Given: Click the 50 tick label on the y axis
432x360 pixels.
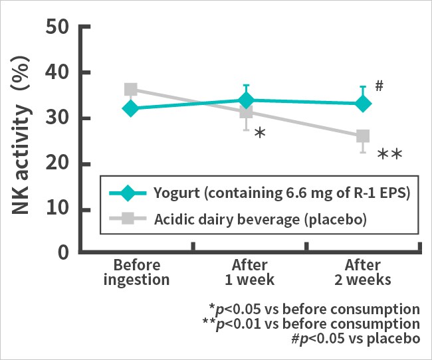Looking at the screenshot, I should tap(60, 29).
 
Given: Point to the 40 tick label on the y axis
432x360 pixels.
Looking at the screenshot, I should tap(60, 73).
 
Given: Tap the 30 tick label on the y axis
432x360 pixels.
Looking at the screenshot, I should tap(60, 119).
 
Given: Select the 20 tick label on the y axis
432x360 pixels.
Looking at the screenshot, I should tap(60, 164).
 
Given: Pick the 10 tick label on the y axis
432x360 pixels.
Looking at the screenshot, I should tap(60, 210).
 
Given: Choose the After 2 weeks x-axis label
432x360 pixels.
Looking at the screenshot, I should tap(362, 272).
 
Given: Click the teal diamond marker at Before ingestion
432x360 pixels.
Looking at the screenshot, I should tap(131, 108).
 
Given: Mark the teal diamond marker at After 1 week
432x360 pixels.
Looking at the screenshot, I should tap(247, 100).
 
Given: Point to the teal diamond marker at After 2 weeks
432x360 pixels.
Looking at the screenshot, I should tap(362, 104).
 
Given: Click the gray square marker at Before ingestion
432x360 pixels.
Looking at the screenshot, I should tap(131, 90).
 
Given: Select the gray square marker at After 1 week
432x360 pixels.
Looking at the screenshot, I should tap(247, 112).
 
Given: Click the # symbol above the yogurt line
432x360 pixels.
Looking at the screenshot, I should tap(379, 86).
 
